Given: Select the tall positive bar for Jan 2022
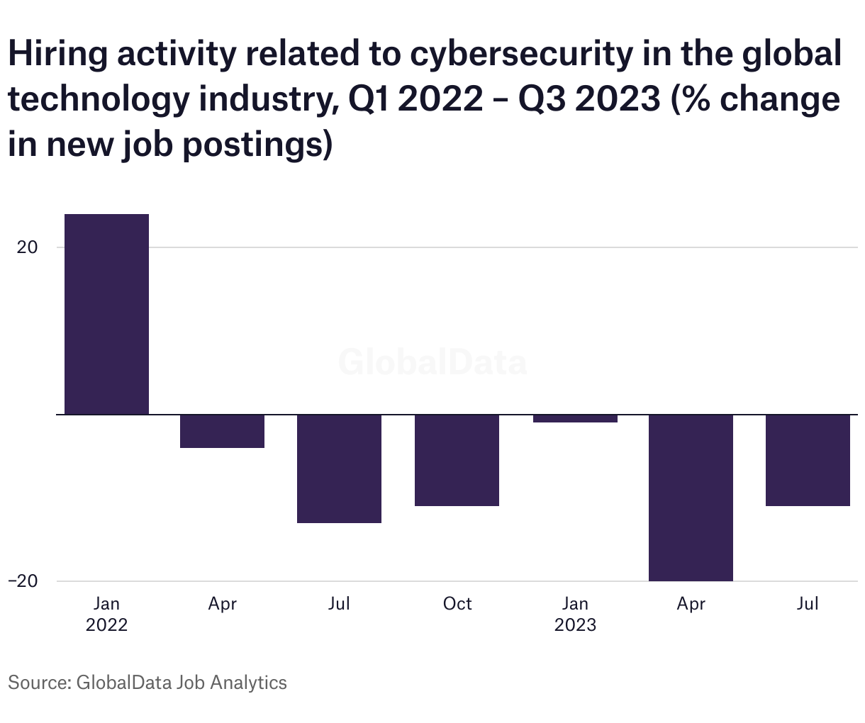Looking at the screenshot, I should click(x=106, y=313).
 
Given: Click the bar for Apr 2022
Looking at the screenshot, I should click(x=222, y=431).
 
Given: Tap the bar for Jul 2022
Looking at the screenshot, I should click(x=339, y=469).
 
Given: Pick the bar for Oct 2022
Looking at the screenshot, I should click(x=457, y=460).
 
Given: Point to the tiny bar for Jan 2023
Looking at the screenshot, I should click(x=575, y=418).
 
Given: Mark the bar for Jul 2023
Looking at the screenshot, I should click(x=808, y=460).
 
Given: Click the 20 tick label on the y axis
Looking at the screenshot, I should click(x=28, y=247).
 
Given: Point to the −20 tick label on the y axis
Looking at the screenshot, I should click(x=23, y=581).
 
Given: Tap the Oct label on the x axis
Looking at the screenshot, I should click(x=457, y=604).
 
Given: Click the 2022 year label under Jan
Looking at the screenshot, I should click(x=106, y=625).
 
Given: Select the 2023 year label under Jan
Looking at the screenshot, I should click(x=575, y=625).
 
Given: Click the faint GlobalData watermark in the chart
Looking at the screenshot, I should click(x=432, y=362).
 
